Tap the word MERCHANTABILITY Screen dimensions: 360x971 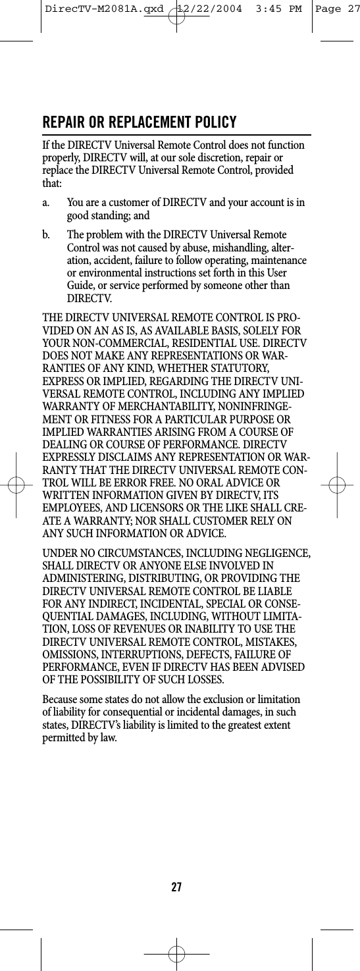coord(145,408)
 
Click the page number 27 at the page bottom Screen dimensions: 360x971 coord(176,887)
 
